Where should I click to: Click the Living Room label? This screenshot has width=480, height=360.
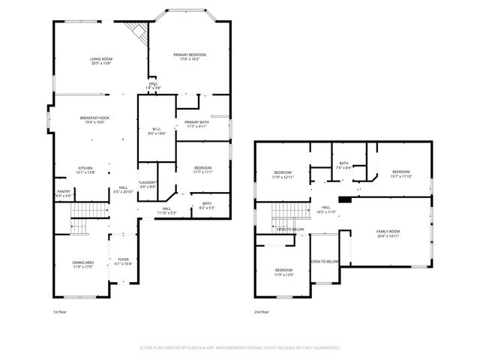(101, 61)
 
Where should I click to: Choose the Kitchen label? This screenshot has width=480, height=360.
(86, 170)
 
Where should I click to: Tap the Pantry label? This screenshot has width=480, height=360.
(64, 193)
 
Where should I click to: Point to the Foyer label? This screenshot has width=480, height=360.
(123, 262)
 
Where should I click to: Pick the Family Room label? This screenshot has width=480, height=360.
(388, 233)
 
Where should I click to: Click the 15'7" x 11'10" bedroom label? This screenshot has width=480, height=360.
(402, 175)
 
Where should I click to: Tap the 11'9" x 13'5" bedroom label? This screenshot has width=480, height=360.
(283, 272)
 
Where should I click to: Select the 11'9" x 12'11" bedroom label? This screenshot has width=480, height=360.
(282, 175)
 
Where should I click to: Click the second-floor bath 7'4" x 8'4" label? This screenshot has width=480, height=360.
(343, 166)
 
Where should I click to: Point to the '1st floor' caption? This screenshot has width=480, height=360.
(60, 311)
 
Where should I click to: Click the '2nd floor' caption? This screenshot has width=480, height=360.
(262, 311)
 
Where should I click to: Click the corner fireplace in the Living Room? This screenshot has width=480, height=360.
(136, 32)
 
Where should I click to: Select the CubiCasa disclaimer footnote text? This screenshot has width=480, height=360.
(240, 347)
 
